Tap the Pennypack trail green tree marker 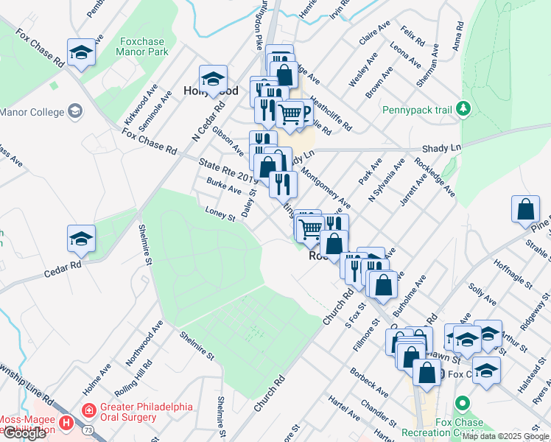tap(463, 110)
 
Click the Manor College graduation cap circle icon tap(74, 111)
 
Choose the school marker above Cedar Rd tap(81, 239)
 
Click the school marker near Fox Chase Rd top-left tap(81, 52)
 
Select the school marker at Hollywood tap(213, 79)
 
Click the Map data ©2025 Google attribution tap(505, 436)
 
